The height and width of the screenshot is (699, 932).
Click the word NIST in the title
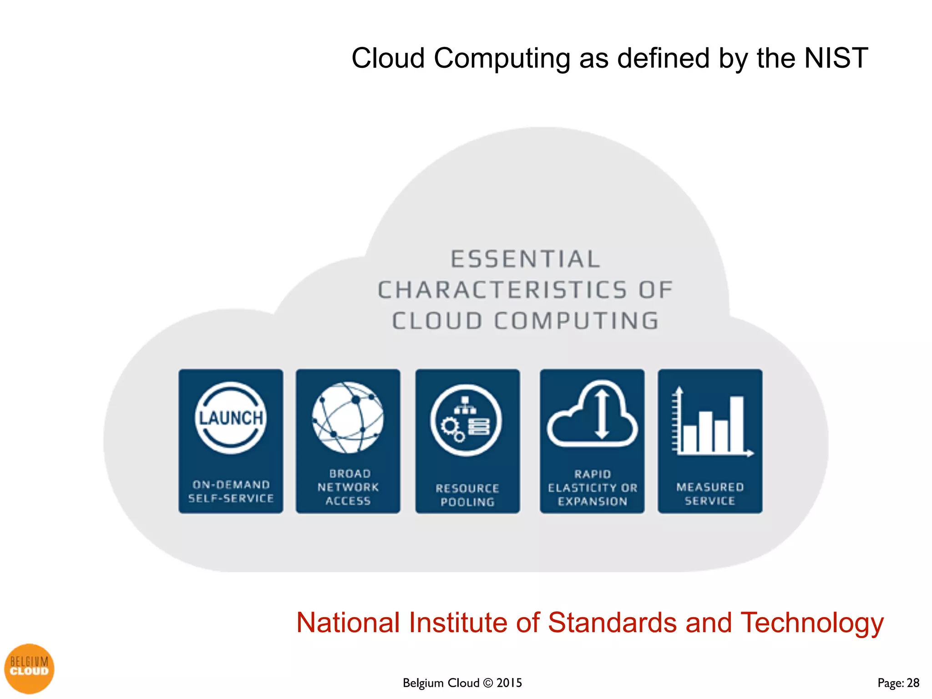tap(836, 59)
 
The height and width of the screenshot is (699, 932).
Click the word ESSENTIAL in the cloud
tap(526, 259)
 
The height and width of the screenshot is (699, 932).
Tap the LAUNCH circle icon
tap(231, 418)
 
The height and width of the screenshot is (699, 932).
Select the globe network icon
tap(348, 417)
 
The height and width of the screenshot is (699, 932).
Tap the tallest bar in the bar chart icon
tap(737, 424)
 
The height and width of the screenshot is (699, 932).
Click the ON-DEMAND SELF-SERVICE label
tap(231, 491)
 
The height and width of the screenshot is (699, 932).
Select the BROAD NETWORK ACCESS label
tap(348, 487)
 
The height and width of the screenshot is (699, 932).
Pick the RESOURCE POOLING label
tap(467, 495)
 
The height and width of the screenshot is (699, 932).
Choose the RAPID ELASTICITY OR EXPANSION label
tap(593, 488)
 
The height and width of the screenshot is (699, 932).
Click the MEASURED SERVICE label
tap(710, 494)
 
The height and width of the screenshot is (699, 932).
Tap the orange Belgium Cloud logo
tap(29, 669)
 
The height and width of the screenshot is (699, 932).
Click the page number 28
tap(913, 683)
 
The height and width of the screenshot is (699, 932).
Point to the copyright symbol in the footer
tap(488, 683)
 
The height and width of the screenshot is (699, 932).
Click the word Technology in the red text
tap(812, 623)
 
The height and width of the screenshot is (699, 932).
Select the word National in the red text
tap(348, 623)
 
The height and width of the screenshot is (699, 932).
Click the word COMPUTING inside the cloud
tap(577, 321)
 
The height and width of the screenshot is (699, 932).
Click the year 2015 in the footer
tap(509, 683)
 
